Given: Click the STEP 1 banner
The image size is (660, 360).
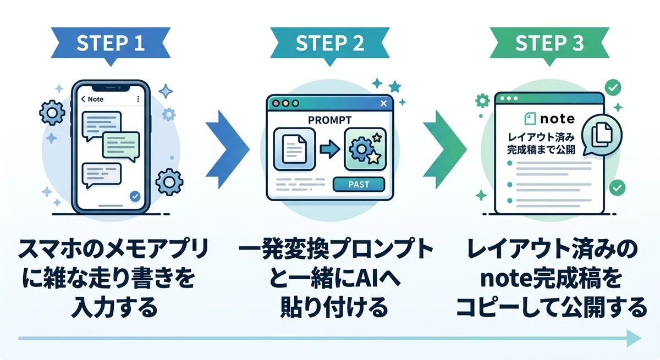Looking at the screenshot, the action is point(111,43).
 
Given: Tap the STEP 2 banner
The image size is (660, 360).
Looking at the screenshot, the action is point(329,43).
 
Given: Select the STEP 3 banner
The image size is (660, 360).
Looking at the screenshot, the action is point(549,43).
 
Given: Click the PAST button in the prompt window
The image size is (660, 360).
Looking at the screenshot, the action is point(359,185).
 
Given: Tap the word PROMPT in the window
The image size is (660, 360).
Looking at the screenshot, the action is point(329,120).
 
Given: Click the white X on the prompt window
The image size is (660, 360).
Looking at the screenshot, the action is point(383,103).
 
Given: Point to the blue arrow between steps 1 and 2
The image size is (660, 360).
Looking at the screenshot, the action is point(227,149).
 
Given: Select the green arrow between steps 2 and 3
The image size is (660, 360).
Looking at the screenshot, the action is point(444,149).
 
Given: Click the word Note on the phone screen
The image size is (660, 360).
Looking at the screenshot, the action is point(96,99).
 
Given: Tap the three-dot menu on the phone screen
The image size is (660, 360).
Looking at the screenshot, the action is point(138,99).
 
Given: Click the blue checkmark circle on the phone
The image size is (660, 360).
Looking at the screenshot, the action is point(135,196).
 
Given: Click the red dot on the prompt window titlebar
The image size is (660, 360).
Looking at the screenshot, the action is point(276,103).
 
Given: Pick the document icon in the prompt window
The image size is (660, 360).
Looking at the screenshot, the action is point(294,149).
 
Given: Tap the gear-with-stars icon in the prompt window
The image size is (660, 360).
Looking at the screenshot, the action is point(365,149).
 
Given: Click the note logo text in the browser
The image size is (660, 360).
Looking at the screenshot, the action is point(557,119).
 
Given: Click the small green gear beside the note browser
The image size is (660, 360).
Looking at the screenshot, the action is point(483,101).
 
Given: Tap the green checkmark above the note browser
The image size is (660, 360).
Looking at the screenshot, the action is point(613,87).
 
